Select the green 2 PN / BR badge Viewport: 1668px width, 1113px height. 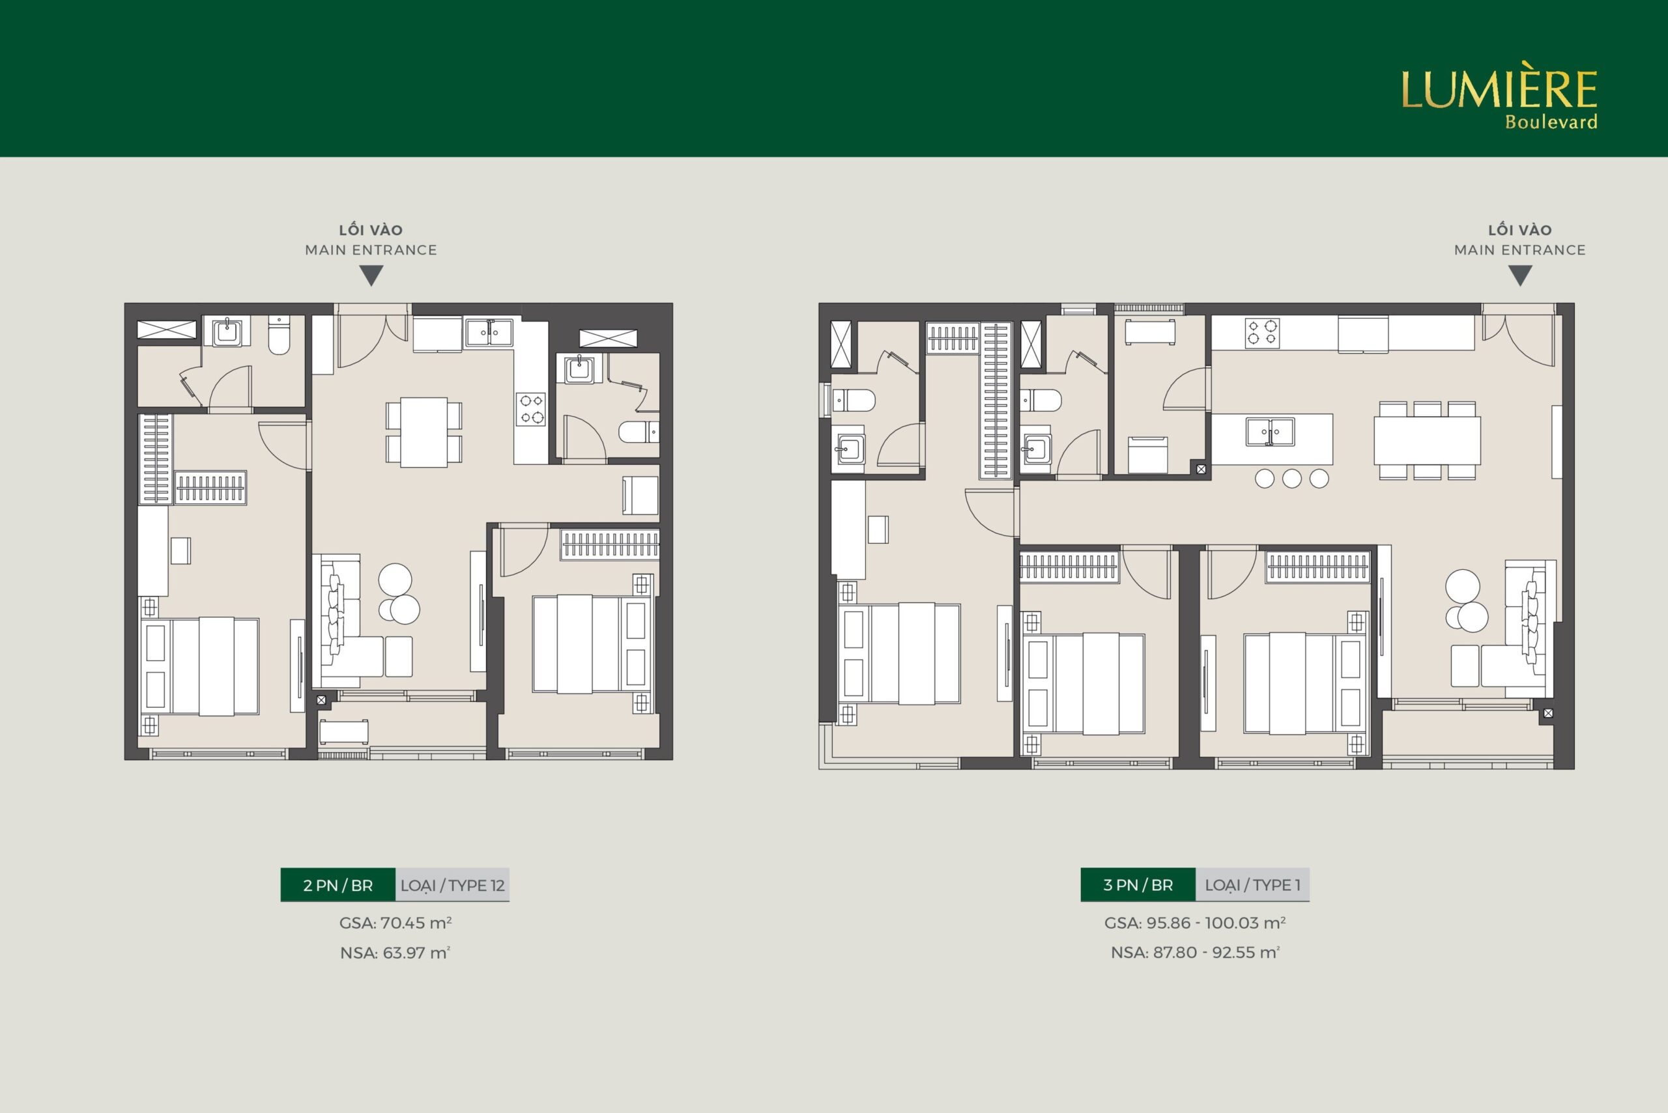click(338, 885)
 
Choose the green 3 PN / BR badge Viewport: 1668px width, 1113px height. click(1138, 885)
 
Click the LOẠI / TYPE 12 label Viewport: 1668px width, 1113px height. click(452, 885)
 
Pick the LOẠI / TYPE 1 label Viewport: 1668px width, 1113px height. click(1252, 885)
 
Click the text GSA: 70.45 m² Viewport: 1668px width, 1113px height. click(395, 923)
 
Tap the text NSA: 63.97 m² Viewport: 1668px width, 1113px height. click(395, 953)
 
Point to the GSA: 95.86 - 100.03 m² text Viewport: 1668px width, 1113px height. click(1195, 923)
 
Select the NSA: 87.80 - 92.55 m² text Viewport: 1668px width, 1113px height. click(1195, 953)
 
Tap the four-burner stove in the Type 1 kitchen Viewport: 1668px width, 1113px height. click(1262, 333)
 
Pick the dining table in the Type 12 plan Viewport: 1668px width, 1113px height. click(424, 432)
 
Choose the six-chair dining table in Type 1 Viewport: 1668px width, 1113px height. click(1428, 441)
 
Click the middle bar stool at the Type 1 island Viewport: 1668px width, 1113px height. click(1291, 479)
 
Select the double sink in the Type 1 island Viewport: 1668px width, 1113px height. click(1271, 432)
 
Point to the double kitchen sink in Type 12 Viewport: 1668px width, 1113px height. click(489, 332)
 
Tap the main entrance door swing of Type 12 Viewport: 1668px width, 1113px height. click(362, 341)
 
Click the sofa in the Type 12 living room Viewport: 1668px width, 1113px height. click(348, 617)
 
